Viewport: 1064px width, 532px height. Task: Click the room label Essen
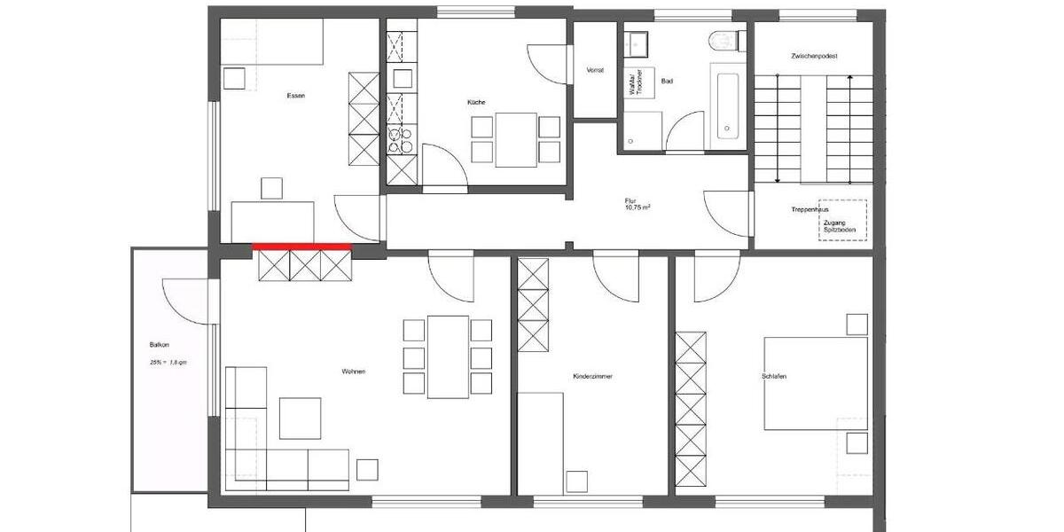coord(296,96)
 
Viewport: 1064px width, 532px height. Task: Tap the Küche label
coord(476,103)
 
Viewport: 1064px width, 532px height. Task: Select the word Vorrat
coord(595,71)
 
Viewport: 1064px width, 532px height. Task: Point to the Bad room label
coord(667,81)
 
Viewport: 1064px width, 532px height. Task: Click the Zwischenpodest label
coord(815,56)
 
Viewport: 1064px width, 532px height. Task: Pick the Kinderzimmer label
coord(593,376)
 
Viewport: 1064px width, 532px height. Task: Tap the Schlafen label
coord(774,376)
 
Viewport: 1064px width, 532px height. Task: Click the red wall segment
coord(302,247)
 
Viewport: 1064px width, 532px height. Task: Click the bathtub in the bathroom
coord(727,106)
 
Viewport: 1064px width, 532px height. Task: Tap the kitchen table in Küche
coord(516,139)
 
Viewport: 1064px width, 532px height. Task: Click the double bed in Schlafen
coord(815,383)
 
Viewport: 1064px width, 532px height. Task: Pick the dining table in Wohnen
coord(448,356)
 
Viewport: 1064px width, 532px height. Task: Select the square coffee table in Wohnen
coord(300,419)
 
